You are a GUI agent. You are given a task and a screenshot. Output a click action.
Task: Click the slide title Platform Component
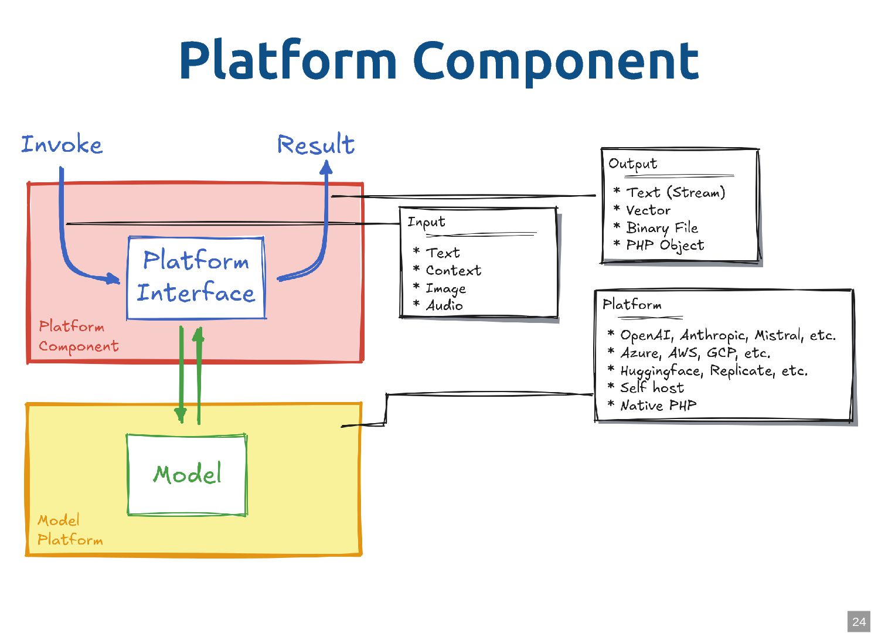pos(438,60)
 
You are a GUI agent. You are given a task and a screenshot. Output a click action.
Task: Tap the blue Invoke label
pos(62,145)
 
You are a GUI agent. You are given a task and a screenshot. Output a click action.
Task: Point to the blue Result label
pos(316,145)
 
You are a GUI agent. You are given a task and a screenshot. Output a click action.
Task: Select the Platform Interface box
pos(196,277)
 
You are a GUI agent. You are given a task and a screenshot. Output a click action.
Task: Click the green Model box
pos(187,474)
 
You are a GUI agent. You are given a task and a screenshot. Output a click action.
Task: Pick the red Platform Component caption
pos(78,336)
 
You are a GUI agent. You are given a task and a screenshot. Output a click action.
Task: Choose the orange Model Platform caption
pos(69,530)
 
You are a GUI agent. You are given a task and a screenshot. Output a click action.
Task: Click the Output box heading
pos(633,164)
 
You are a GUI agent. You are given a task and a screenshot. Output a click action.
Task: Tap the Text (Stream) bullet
pos(675,192)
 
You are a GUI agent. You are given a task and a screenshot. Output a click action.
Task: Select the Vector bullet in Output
pos(648,210)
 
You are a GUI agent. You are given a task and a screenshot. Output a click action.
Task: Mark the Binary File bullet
pos(662,227)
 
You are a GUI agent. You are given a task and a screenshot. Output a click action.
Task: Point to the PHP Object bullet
pos(665,245)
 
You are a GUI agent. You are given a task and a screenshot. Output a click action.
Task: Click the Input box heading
pos(427,222)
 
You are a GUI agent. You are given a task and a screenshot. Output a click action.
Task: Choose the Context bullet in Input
pos(453,271)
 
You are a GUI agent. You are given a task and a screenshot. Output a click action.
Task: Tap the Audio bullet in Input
pos(444,305)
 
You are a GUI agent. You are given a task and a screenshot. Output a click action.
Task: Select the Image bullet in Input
pos(445,288)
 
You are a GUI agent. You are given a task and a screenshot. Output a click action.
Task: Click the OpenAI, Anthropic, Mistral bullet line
pos(727,335)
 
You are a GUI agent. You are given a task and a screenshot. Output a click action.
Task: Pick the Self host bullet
pos(652,387)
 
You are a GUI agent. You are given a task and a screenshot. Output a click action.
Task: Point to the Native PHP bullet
pos(658,405)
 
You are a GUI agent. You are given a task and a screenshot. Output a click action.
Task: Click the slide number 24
pos(859,622)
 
